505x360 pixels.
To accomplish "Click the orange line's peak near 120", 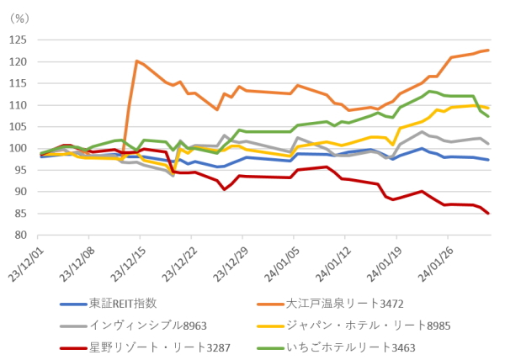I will (136, 61).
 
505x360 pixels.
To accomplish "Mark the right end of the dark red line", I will (488, 214).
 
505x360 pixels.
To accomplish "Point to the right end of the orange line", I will (488, 50).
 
